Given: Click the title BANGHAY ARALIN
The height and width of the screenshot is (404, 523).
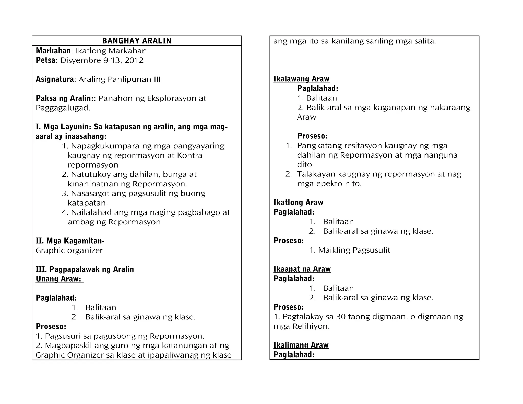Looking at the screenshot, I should click(137, 41).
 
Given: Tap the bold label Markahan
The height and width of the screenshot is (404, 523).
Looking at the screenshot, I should click(53, 51).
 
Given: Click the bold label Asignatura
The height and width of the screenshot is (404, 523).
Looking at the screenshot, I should click(55, 79).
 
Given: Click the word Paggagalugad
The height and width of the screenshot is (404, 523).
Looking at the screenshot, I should click(63, 108).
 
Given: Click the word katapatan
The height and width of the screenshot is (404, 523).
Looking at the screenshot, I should click(88, 203).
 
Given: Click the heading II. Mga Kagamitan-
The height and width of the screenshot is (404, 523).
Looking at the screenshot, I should click(70, 241).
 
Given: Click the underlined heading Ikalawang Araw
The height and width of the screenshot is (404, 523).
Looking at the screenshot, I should click(301, 79).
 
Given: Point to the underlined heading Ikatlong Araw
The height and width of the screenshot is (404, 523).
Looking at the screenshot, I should click(298, 203).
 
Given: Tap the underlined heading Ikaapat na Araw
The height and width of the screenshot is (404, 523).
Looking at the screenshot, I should click(302, 269).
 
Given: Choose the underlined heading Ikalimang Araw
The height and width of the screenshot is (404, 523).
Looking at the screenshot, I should click(301, 345).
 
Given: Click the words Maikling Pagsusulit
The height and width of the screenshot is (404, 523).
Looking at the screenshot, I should click(354, 250).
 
